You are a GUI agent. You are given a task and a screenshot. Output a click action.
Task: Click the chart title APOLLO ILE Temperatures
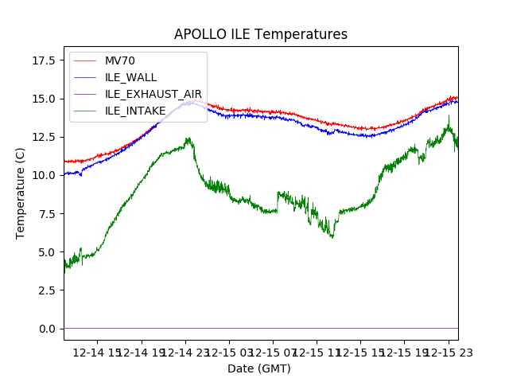coord(261,35)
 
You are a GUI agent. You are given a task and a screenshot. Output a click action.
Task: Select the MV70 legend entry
coord(120,60)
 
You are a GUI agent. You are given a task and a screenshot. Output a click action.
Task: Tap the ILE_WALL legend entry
coord(130,77)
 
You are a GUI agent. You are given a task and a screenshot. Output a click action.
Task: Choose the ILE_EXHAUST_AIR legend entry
coord(153,94)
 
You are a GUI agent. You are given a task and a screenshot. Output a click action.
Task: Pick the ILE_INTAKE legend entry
coord(135,111)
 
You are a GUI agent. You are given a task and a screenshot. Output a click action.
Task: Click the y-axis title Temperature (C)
coord(21,193)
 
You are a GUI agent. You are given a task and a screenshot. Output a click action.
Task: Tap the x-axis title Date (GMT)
coord(259,368)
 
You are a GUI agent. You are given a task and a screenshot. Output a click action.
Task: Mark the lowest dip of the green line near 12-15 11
coord(332,237)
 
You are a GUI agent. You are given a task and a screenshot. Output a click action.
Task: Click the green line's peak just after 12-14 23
coord(188,138)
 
